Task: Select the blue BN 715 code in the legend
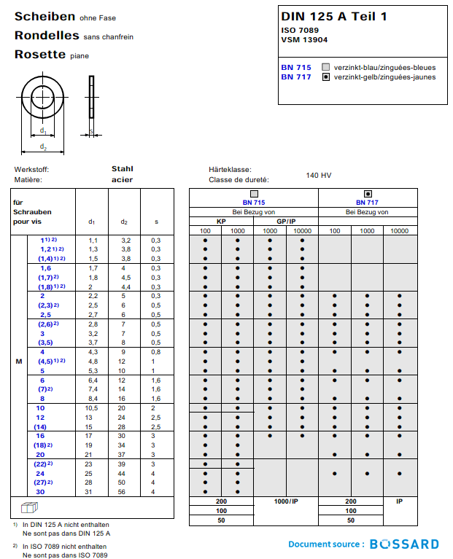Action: [295, 67]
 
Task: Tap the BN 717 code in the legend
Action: [295, 77]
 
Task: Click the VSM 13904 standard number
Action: [303, 40]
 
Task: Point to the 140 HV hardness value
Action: [319, 175]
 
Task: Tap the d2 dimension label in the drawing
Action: [44, 148]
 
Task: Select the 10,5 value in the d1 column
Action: [93, 408]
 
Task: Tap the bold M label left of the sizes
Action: [19, 361]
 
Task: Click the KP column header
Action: [221, 222]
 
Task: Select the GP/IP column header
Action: [285, 222]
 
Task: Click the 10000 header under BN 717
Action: [399, 231]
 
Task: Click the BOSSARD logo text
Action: [404, 544]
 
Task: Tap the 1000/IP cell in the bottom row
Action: [285, 501]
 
